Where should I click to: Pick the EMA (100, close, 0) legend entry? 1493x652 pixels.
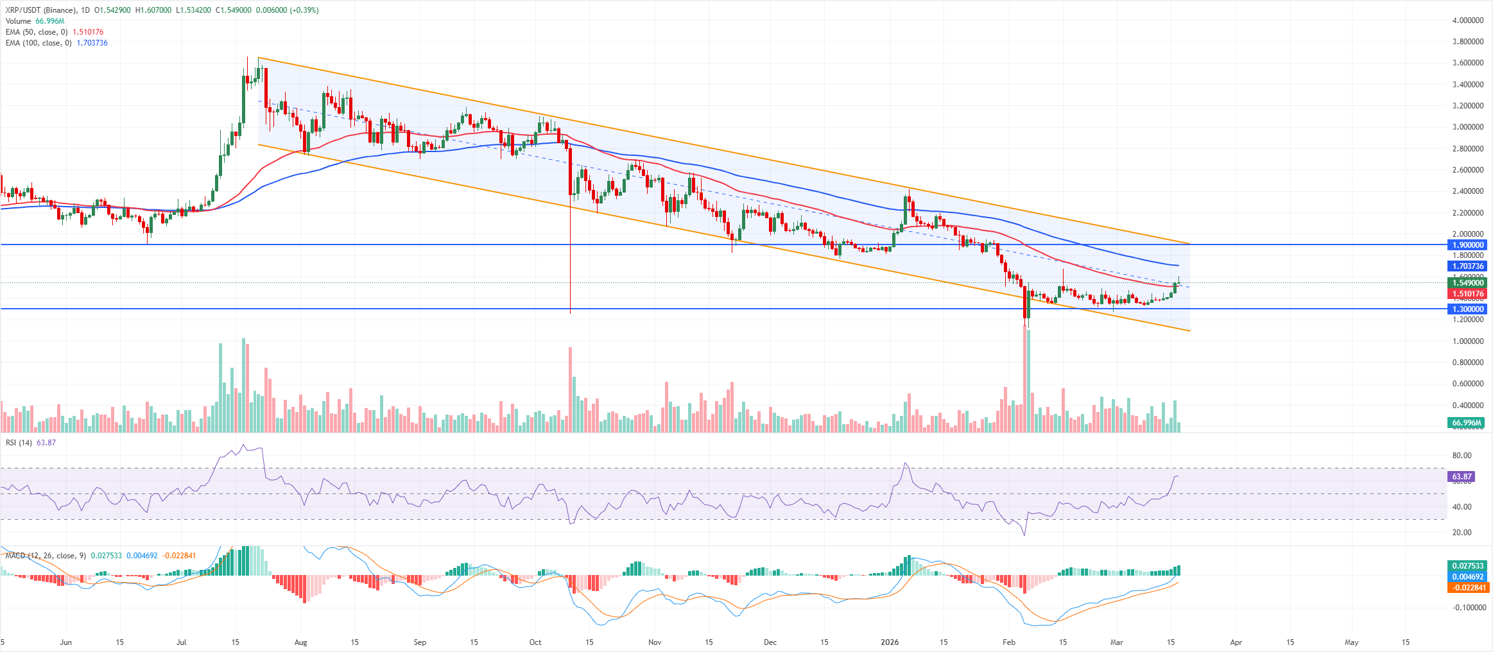(38, 43)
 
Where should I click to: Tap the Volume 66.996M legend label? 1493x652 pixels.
(35, 21)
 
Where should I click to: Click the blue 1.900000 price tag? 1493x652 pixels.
(1468, 245)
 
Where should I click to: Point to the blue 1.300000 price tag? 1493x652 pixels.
(1468, 309)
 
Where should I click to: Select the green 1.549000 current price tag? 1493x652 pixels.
(1468, 283)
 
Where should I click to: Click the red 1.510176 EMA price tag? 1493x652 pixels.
(1468, 294)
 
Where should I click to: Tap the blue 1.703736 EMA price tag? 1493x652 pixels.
(1468, 266)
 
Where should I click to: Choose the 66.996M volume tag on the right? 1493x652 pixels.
(1467, 423)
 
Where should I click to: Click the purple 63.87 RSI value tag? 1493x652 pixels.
(1462, 477)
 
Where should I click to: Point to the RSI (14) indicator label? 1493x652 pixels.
(19, 443)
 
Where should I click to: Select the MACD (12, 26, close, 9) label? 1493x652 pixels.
(46, 556)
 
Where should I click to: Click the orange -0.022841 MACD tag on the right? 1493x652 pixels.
(1468, 588)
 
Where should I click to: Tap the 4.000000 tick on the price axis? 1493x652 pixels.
(1467, 21)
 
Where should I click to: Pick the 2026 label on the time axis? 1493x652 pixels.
(890, 642)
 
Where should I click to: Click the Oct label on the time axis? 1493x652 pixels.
(535, 642)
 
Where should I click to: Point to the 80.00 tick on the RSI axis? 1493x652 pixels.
(1462, 456)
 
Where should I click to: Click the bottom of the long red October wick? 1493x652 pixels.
(570, 313)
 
